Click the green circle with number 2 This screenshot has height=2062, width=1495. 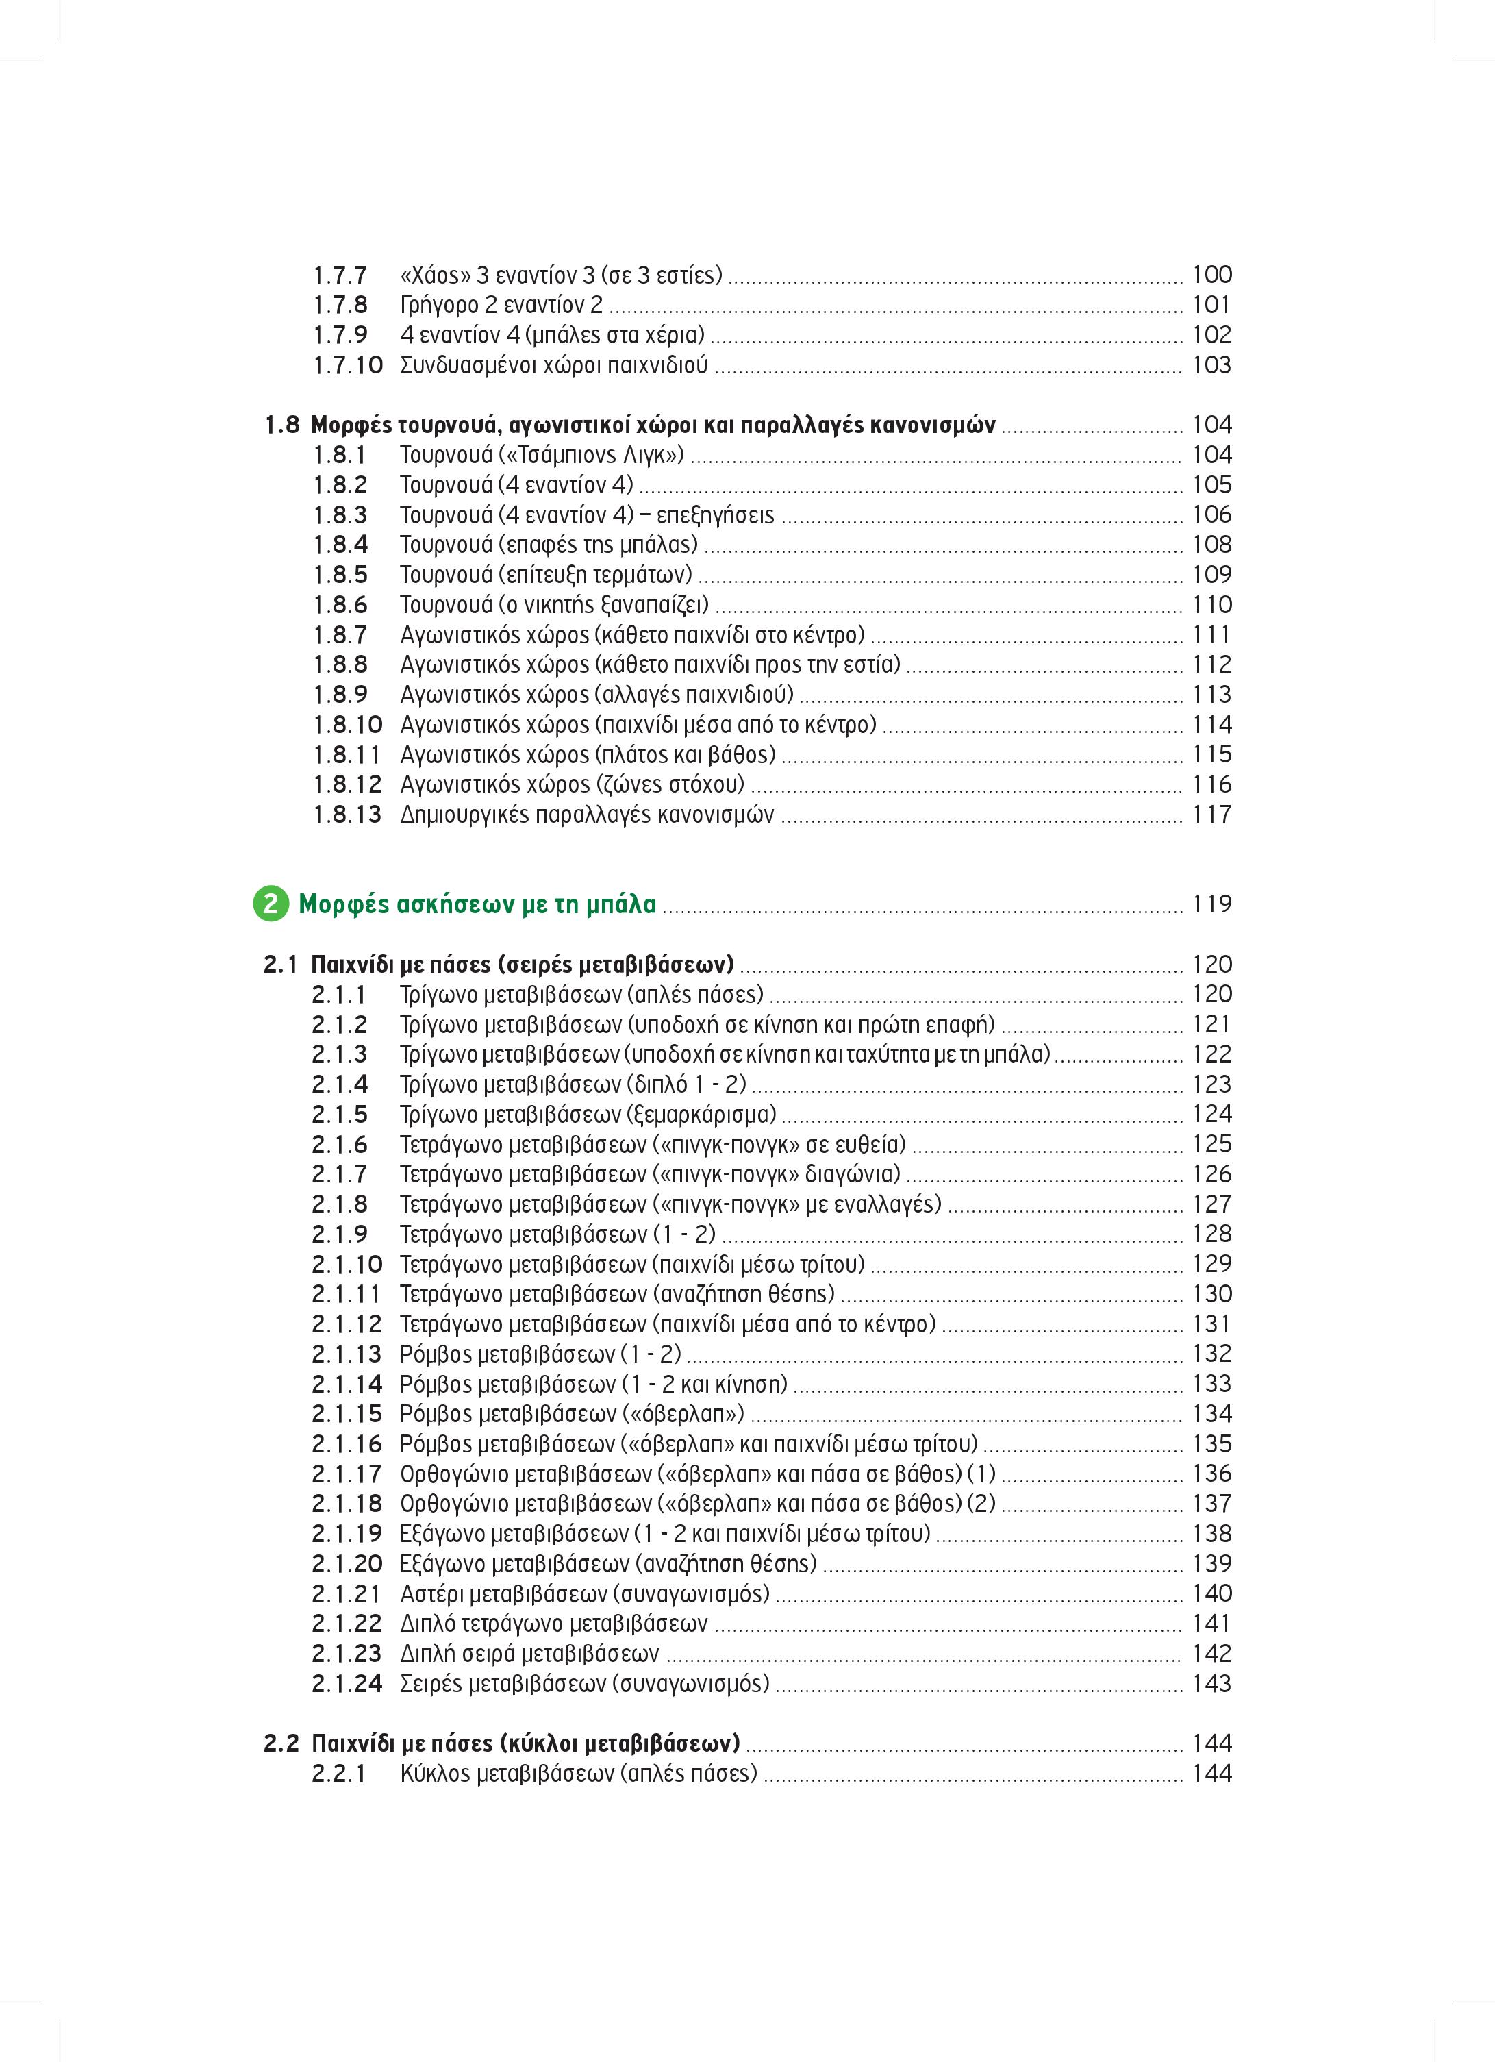point(270,905)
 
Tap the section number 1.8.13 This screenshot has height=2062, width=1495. point(347,815)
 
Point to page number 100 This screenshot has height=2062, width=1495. point(1211,275)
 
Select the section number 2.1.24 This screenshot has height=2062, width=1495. point(347,1684)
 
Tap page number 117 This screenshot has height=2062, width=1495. point(1211,815)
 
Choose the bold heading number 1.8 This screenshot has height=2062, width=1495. point(281,425)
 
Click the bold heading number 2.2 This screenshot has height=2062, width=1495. point(281,1743)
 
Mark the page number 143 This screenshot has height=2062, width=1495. point(1211,1684)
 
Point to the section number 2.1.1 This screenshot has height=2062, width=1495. point(339,995)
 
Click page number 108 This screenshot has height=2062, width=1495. point(1211,545)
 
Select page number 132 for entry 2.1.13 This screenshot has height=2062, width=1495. point(1211,1354)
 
